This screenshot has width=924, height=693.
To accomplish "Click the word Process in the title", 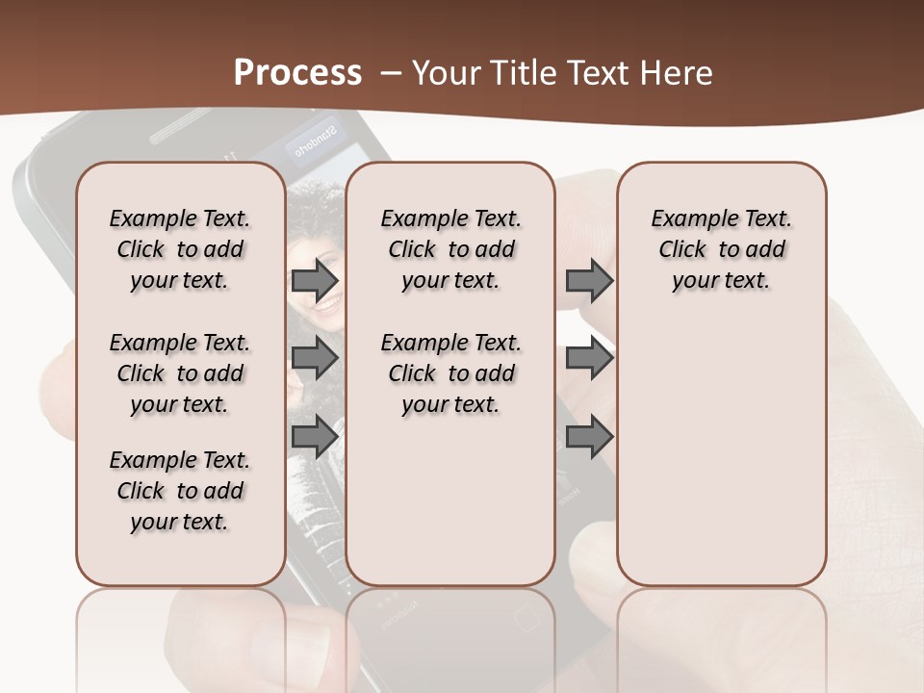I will (x=297, y=73).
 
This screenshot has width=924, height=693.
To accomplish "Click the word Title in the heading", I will (x=521, y=73).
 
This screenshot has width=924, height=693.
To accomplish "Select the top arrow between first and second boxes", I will (x=314, y=280).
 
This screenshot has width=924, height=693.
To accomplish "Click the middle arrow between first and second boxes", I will (x=314, y=358).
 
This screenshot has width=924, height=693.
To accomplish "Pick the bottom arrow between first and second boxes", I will (x=314, y=436).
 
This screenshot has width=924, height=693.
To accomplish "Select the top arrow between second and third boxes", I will (x=589, y=280).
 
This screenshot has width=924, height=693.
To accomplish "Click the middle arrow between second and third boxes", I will (x=589, y=358).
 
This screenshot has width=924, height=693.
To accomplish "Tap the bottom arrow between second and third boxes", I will (x=589, y=436).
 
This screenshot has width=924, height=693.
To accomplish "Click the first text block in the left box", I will (x=180, y=249).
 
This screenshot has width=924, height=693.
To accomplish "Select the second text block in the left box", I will (x=180, y=373).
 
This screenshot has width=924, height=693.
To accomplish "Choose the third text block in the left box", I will (x=180, y=491).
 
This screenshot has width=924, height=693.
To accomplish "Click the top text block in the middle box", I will (x=450, y=249).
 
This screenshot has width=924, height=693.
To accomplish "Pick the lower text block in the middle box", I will (x=450, y=373).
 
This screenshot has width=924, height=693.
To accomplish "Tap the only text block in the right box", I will (x=721, y=249).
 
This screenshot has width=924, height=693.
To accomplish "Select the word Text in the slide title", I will (x=597, y=73).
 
